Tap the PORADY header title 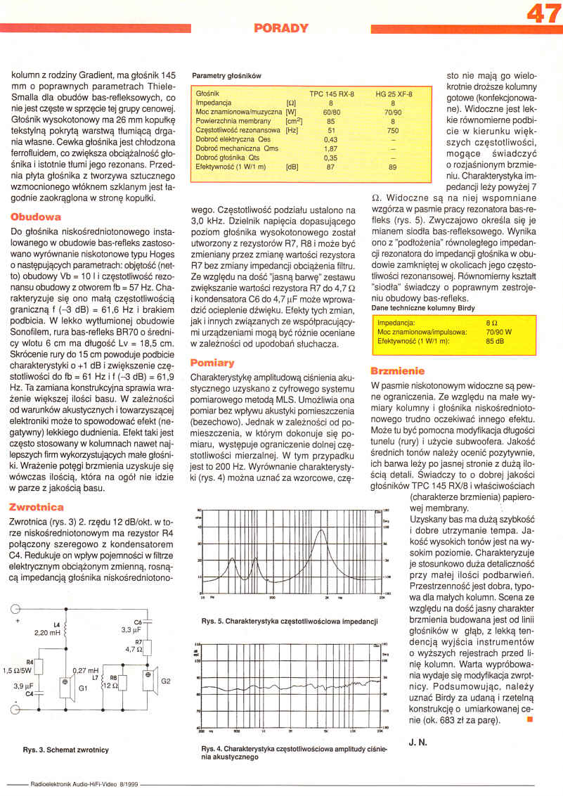click(x=281, y=28)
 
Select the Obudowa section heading click(x=36, y=217)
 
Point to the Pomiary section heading click(x=212, y=363)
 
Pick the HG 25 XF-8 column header click(x=394, y=94)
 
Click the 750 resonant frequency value click(x=394, y=130)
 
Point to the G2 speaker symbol click(x=150, y=679)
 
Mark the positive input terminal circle click(x=13, y=609)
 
